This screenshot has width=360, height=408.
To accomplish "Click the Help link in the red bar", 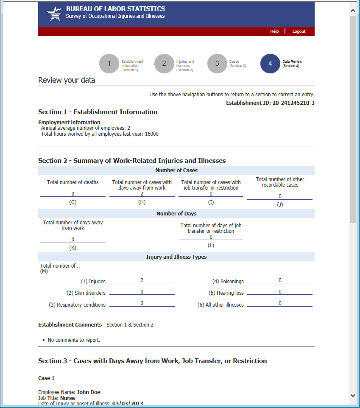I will point(274,31).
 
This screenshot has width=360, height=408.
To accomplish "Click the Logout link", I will point(299,31).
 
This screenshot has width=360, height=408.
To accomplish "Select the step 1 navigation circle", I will point(109,64).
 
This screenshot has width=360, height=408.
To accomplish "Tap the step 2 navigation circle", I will point(164,64).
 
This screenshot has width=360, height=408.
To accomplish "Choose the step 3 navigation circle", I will point(217,64).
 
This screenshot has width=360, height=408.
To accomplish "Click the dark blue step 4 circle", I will point(270,64).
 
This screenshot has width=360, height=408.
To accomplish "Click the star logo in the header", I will point(54,14).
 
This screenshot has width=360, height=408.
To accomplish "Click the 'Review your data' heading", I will point(67,80).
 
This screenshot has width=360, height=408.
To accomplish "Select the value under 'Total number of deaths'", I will point(73,194).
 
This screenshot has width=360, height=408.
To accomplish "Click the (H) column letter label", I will point(142,202).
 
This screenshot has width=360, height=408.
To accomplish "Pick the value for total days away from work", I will point(73,240).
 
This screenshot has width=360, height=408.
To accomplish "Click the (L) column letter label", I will point(211,246).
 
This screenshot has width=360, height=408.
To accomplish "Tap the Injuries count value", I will point(142,280).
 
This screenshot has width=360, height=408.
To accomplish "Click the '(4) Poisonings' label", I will point(228,282).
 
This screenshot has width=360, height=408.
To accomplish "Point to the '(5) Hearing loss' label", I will point(226,293).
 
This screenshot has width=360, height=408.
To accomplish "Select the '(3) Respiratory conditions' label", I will point(78,305).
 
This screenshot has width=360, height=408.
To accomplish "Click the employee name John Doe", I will point(89,392).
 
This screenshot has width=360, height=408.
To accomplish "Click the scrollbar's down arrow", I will point(353,395).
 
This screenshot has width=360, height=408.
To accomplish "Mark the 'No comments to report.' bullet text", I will point(74,340).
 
